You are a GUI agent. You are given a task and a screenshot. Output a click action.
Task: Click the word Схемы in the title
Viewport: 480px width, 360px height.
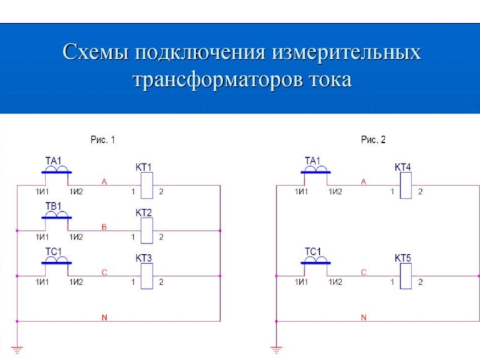coord(96,53)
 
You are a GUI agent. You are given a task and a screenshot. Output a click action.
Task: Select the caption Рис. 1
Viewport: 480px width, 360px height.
coord(103,140)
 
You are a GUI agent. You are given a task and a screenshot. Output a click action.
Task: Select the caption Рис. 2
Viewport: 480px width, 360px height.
coord(373,140)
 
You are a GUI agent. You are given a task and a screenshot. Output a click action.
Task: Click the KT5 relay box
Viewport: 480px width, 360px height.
coord(406,275)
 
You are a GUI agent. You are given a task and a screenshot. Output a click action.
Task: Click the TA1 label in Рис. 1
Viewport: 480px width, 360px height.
coord(54,161)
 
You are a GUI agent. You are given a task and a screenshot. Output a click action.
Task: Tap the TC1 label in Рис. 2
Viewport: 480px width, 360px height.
coord(313,252)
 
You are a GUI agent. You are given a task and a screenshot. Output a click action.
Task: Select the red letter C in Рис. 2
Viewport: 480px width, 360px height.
coord(363,272)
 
